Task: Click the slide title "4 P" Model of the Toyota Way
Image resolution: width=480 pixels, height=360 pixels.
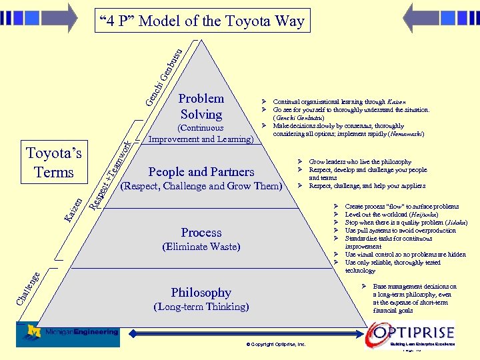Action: coord(201,21)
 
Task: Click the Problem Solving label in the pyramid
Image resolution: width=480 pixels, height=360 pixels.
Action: coord(201,107)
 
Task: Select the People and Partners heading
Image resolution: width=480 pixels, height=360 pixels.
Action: coord(201,172)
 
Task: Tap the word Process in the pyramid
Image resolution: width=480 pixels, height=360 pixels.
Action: coord(201,233)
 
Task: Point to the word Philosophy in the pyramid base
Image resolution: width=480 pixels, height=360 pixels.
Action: coord(201,293)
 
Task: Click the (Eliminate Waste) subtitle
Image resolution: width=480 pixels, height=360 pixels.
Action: coord(201,247)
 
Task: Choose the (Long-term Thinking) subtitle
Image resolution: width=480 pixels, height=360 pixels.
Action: coord(201,307)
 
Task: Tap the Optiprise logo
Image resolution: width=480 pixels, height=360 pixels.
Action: coord(413,333)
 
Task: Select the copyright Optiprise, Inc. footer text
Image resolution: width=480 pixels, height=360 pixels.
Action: coord(276,345)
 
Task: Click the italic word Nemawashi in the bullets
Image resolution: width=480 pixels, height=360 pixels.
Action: coord(405,134)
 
